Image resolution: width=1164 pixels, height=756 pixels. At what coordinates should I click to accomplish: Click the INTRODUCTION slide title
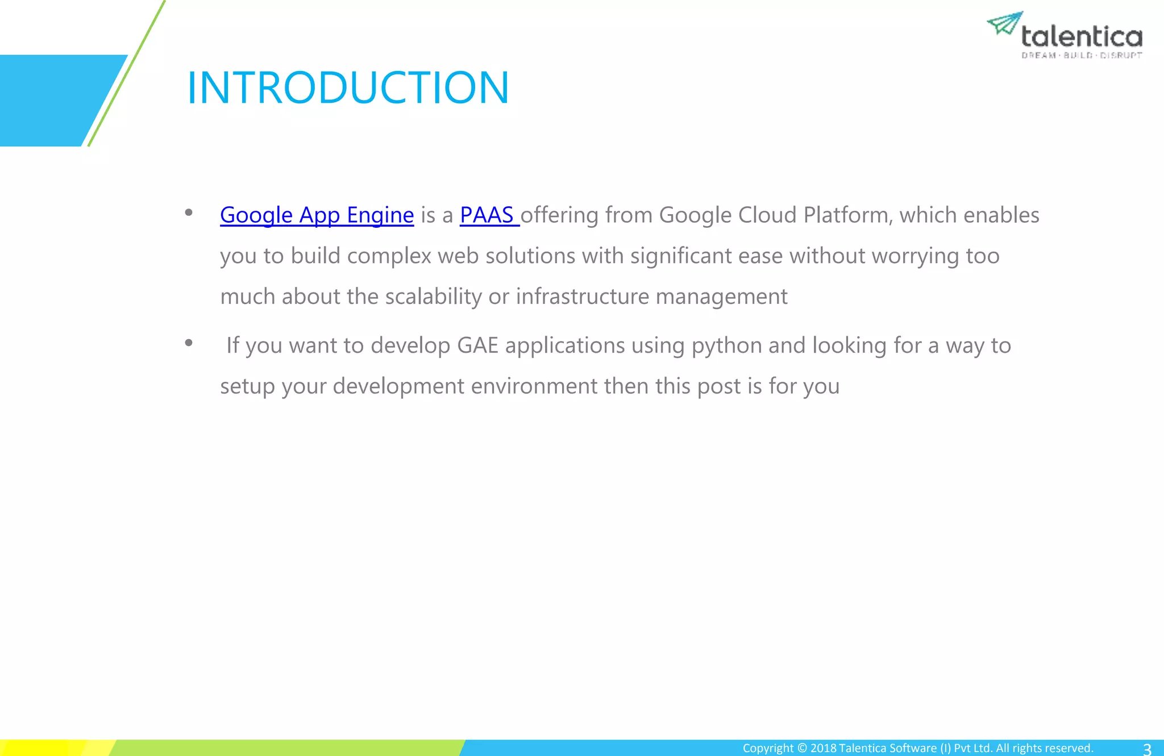pos(348,88)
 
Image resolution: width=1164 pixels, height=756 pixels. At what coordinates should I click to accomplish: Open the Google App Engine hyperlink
pos(317,215)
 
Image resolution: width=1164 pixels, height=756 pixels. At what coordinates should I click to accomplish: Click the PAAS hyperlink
pos(487,215)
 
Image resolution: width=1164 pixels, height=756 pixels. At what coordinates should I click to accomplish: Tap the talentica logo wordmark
pos(1082,37)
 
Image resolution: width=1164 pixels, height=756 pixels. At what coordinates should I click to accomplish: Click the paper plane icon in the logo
pos(1004,23)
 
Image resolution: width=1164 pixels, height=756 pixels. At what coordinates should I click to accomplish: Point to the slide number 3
pos(1146,749)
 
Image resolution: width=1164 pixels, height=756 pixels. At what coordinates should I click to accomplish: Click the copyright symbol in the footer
pos(801,748)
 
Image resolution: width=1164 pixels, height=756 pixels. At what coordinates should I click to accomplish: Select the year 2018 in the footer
pos(823,748)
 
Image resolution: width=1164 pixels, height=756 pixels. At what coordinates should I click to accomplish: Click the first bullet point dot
pos(189,213)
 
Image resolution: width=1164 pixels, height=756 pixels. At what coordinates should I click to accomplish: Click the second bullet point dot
pos(189,343)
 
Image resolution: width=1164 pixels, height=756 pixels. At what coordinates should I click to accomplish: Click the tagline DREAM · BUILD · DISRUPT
pos(1082,56)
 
